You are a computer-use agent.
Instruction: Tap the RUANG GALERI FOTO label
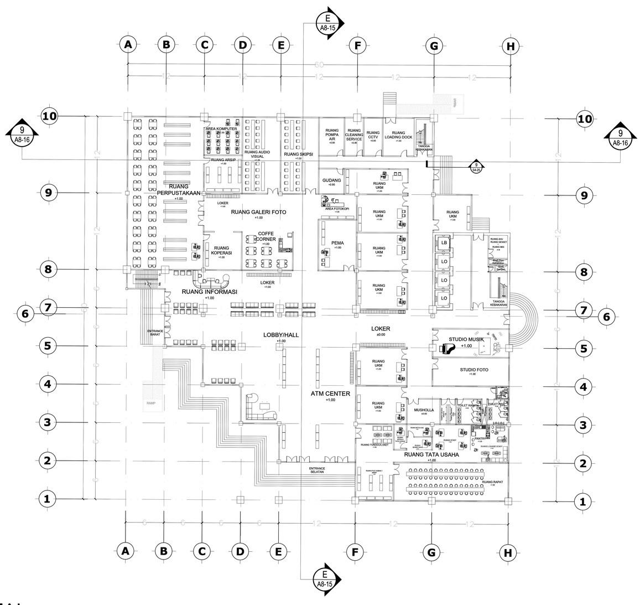pyautogui.click(x=259, y=212)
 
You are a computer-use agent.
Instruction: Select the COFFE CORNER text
pyautogui.click(x=266, y=236)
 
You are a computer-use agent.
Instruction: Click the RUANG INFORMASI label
pyautogui.click(x=209, y=292)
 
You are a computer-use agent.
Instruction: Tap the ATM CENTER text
pyautogui.click(x=330, y=394)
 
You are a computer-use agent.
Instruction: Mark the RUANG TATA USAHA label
pyautogui.click(x=431, y=455)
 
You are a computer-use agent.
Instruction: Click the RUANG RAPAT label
pyautogui.click(x=492, y=482)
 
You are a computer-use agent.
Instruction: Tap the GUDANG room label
pyautogui.click(x=331, y=180)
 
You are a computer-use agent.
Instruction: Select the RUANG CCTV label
pyautogui.click(x=373, y=135)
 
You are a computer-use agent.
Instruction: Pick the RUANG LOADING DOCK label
pyautogui.click(x=398, y=135)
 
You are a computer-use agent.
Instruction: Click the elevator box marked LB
pyautogui.click(x=444, y=242)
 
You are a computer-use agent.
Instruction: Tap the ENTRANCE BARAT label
pyautogui.click(x=155, y=333)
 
